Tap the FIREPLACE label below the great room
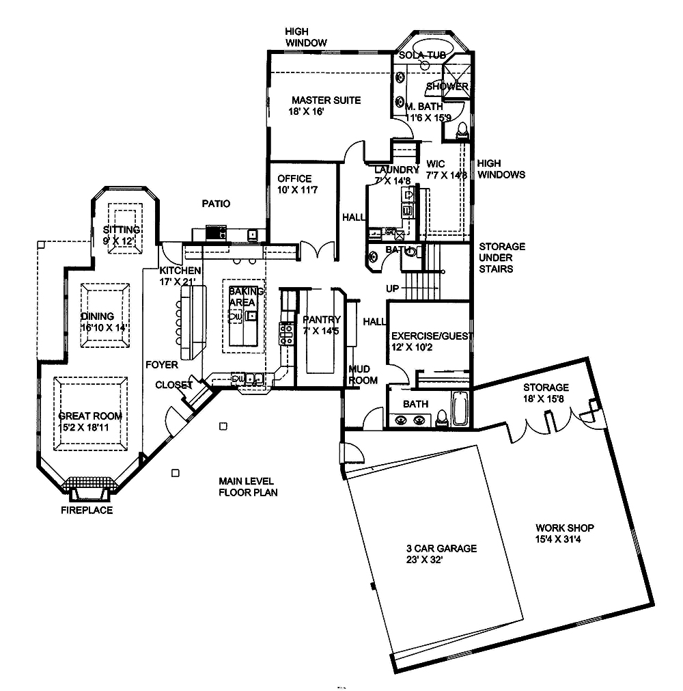tap(87, 510)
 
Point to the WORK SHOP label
tap(564, 528)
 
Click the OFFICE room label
tap(294, 179)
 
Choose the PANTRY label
tap(321, 319)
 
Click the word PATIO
tap(216, 204)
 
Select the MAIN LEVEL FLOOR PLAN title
tap(248, 486)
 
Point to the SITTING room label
tap(122, 230)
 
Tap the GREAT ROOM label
tap(90, 416)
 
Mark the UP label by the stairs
tap(393, 289)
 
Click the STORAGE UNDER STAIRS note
tap(501, 258)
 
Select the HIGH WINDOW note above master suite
tap(306, 37)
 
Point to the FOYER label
tap(161, 365)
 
